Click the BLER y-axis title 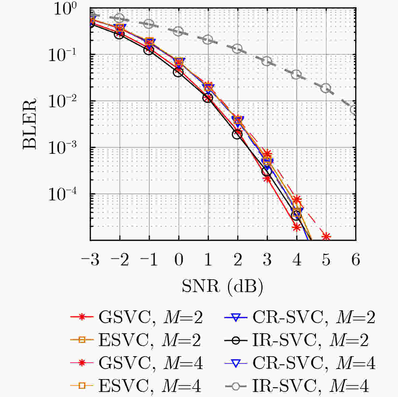[x=30, y=123]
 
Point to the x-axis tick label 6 [x=356, y=260]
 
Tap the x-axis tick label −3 [x=90, y=260]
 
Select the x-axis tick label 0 [x=179, y=260]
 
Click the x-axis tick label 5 [x=326, y=260]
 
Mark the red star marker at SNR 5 [x=326, y=236]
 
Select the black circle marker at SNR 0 [x=179, y=72]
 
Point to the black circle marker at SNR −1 [x=149, y=50]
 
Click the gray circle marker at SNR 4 [x=297, y=74]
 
